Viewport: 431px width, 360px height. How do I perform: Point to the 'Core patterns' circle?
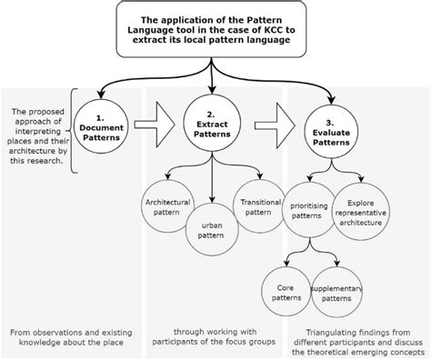pos(290,292)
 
